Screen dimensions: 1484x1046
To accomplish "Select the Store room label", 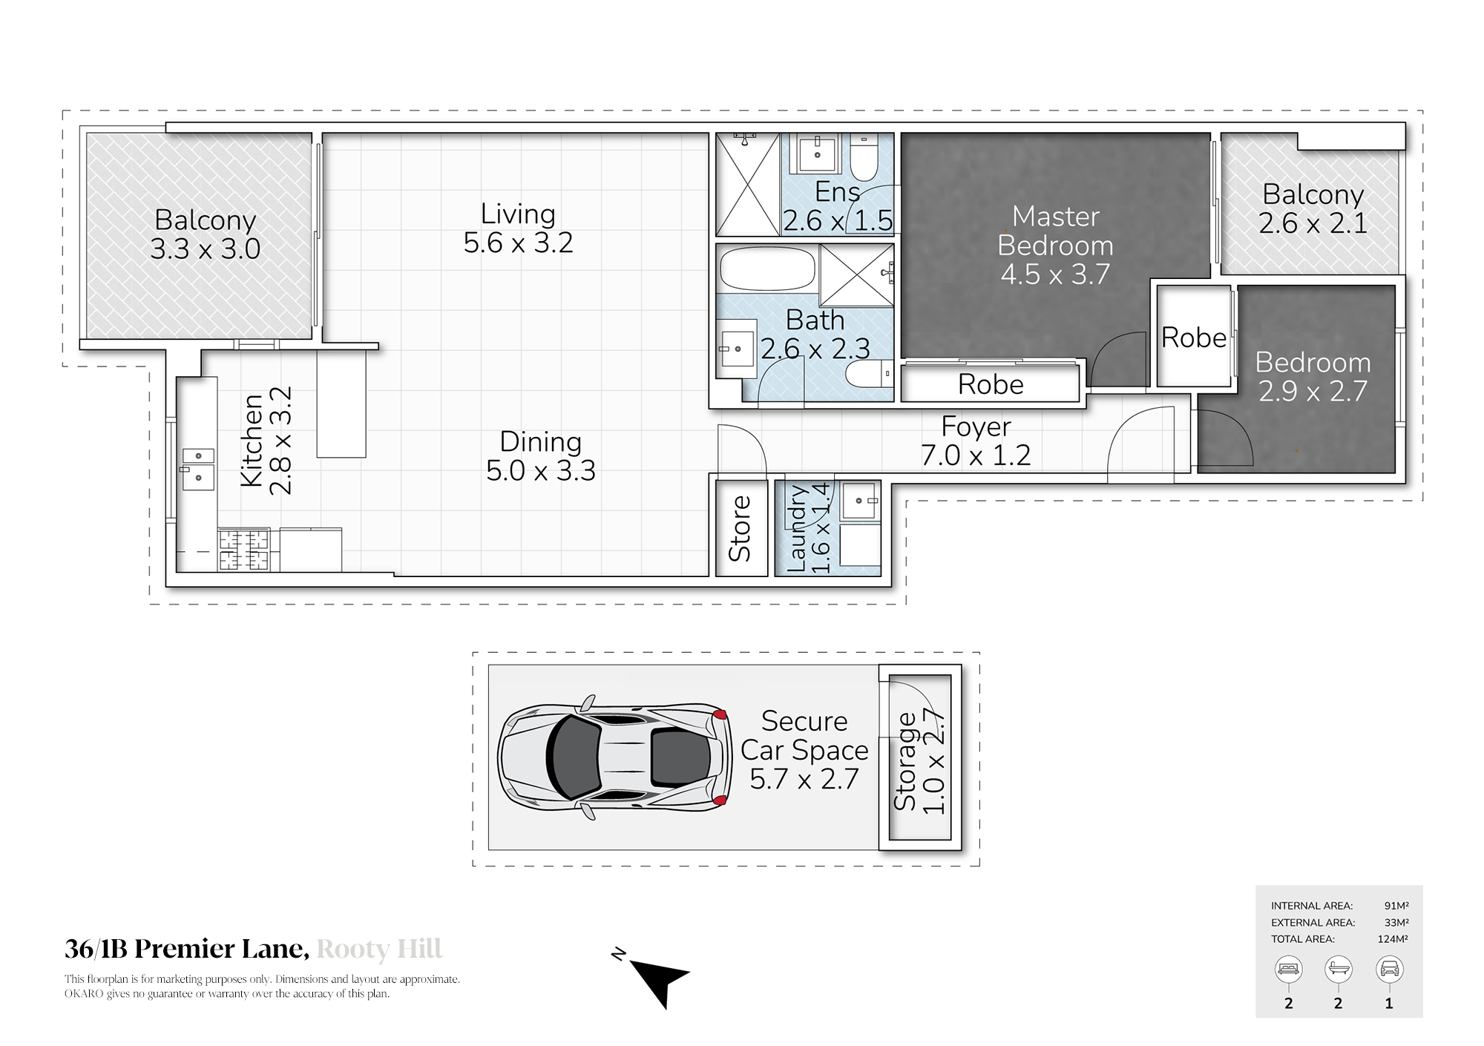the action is coord(741,528).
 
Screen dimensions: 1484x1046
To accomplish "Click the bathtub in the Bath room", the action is coord(767,269).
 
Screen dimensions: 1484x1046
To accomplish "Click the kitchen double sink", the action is coord(198,470).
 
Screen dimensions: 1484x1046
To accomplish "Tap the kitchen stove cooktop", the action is coord(243,550).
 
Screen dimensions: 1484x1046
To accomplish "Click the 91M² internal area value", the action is coord(1396,906).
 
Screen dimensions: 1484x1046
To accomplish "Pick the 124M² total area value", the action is coord(1393,939).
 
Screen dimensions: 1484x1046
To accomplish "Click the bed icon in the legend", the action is coord(1288,969).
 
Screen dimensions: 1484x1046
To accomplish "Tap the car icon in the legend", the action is coord(1389,969).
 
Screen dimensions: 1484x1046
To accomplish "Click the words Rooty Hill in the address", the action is coord(380,949).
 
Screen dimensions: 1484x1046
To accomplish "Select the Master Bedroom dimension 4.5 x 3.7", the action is coord(1055,274).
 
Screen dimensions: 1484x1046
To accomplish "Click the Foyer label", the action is coord(976,427).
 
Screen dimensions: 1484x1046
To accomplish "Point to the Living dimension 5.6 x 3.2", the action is coord(519,243).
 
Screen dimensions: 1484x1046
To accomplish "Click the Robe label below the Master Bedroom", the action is coord(991,384).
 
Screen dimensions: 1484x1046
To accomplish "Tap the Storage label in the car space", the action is coord(906,761).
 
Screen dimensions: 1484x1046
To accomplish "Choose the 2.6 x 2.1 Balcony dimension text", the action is coord(1313,223).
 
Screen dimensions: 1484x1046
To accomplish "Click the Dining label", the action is coord(540,441).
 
